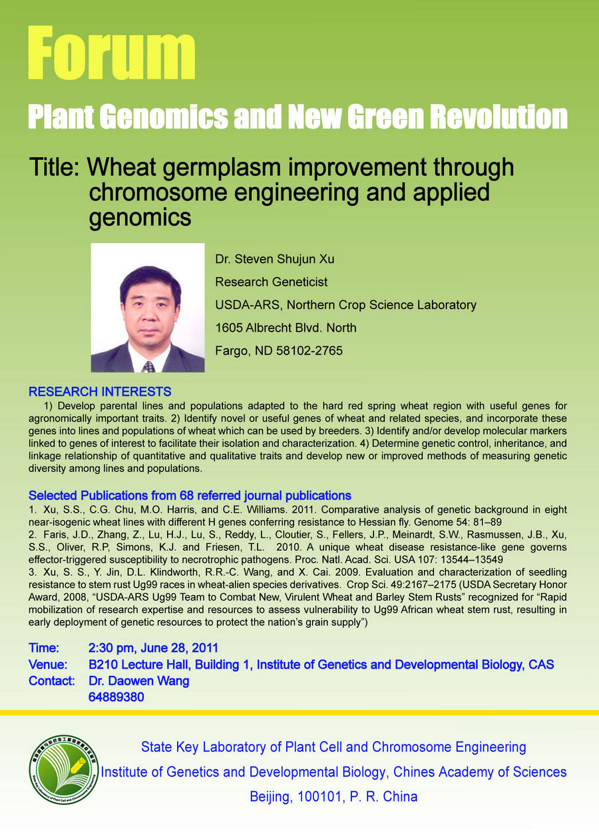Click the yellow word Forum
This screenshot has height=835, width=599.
point(112,53)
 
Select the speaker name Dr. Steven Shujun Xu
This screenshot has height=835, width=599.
point(274,259)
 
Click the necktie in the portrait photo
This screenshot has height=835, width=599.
point(149,366)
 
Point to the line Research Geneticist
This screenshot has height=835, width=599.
point(271,282)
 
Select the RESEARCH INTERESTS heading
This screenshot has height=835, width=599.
point(100,392)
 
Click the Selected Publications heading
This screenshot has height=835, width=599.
point(190,495)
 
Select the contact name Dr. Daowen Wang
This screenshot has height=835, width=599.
point(139,681)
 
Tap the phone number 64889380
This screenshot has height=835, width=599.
point(116,697)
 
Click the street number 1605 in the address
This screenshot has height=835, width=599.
point(228,328)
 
